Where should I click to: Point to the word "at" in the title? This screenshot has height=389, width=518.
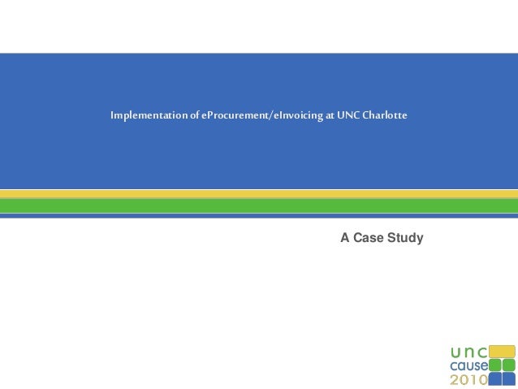(x=329, y=116)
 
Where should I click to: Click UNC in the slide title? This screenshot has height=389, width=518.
(x=347, y=116)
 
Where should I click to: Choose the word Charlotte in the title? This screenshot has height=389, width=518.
(x=385, y=116)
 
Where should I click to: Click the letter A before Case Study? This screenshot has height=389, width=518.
(x=345, y=238)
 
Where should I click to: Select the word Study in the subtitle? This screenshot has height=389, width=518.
(x=404, y=238)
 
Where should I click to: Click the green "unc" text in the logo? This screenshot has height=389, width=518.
(x=469, y=352)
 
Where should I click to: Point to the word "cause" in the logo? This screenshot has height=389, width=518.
(x=469, y=365)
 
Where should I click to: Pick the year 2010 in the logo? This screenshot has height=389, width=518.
(x=469, y=379)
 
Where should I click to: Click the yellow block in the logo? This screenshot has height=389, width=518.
(x=502, y=351)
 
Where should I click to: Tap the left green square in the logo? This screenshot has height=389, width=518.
(x=495, y=365)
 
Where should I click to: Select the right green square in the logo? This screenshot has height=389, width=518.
(x=509, y=365)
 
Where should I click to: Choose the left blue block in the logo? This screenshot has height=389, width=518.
(x=495, y=378)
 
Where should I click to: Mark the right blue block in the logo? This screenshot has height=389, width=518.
(x=509, y=378)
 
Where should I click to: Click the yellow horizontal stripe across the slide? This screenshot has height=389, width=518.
(x=259, y=194)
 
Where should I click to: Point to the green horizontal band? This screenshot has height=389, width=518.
(x=259, y=205)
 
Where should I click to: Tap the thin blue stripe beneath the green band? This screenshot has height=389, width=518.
(x=259, y=216)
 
